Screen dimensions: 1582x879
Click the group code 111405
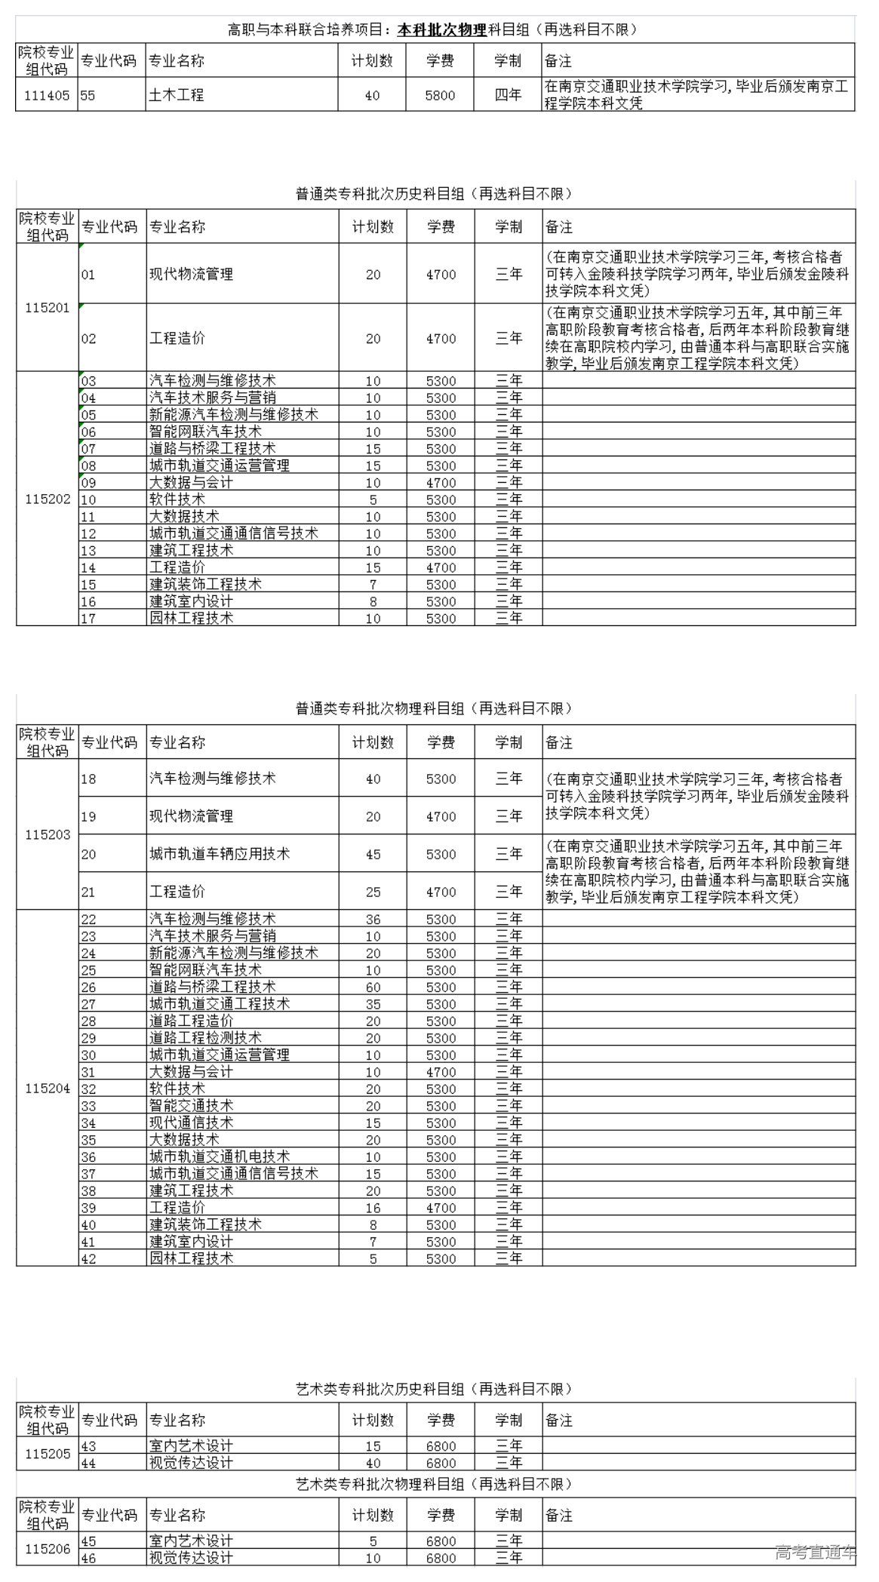pos(47,96)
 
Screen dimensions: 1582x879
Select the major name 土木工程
pos(177,96)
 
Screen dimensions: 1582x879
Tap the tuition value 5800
pos(440,96)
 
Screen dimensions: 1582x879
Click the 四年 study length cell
pos(508,96)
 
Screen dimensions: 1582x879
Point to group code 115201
pos(47,308)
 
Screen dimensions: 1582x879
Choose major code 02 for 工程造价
pos(89,339)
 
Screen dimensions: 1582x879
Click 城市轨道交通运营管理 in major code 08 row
pos(220,466)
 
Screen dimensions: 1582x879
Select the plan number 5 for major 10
pos(373,500)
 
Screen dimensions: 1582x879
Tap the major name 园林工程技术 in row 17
pos(191,619)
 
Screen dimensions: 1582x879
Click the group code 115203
pos(47,835)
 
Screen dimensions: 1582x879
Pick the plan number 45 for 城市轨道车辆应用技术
pos(373,855)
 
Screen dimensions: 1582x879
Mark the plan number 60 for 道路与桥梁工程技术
pos(373,988)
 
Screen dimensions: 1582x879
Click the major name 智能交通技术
pos(191,1106)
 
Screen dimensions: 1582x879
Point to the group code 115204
pos(47,1089)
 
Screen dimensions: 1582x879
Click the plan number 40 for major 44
pos(373,1463)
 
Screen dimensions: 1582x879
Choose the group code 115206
pos(47,1550)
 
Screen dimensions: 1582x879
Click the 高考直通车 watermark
pos(816,1553)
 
